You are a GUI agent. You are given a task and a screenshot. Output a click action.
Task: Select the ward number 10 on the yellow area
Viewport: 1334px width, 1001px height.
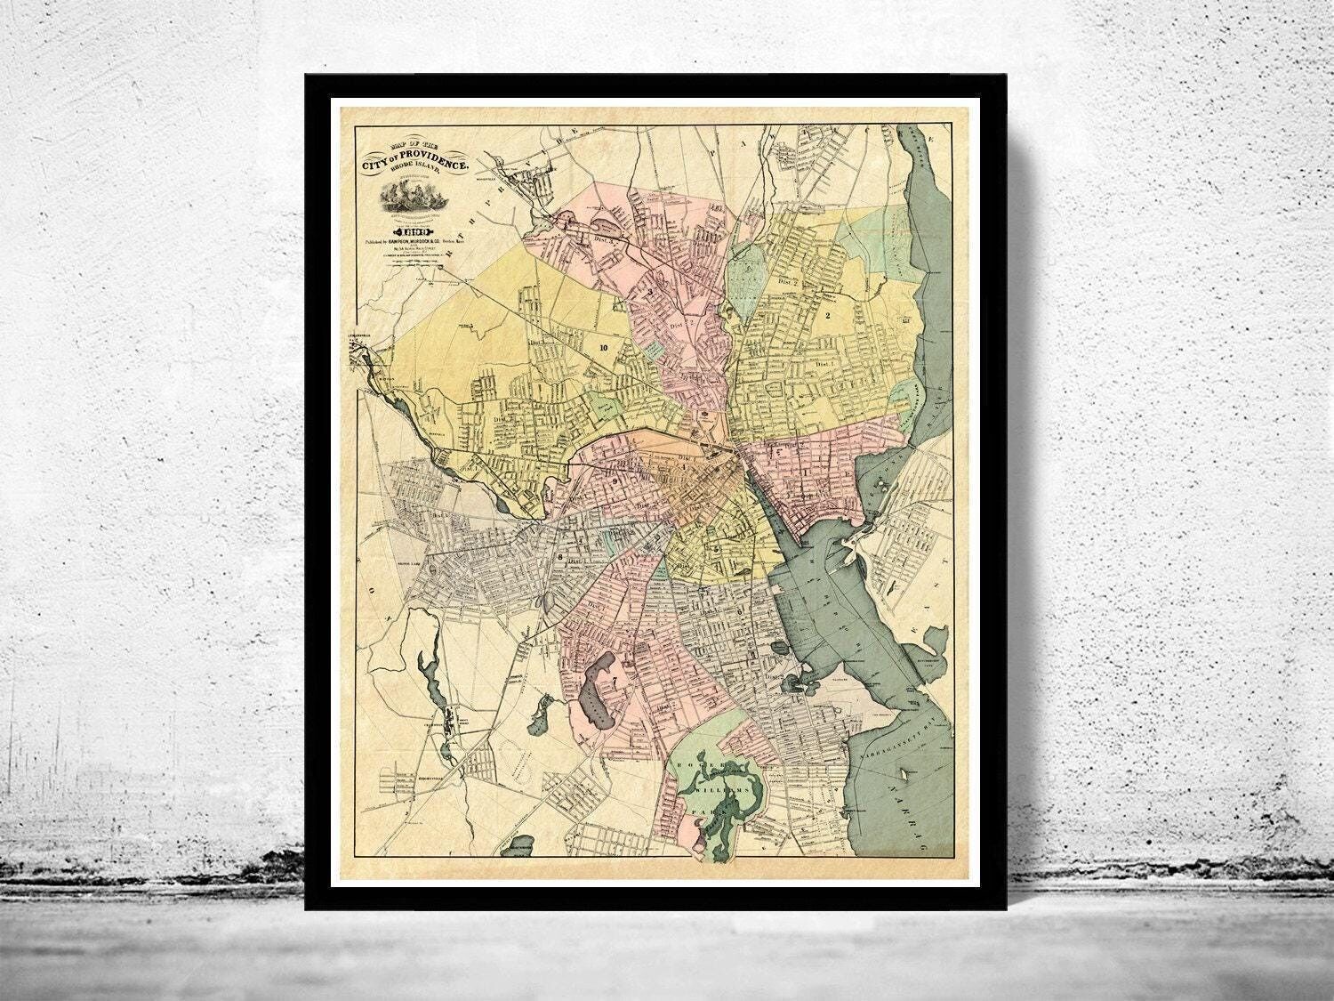coord(605,348)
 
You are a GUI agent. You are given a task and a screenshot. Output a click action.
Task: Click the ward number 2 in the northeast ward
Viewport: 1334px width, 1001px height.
coord(827,315)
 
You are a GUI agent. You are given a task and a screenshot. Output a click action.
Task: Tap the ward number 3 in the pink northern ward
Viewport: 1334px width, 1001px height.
coord(650,291)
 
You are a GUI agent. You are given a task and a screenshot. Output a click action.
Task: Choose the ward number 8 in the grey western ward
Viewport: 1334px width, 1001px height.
coord(561,558)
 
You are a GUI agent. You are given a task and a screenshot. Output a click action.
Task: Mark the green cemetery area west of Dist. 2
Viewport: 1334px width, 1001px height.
coord(744,270)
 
